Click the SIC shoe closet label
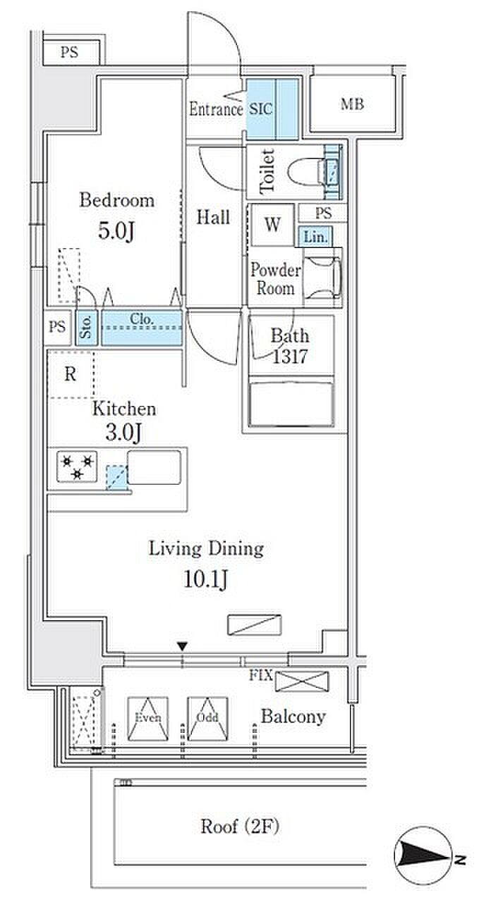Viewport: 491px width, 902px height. [x=260, y=109]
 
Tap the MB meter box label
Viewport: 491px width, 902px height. [x=352, y=104]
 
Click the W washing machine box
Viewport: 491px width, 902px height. [x=272, y=224]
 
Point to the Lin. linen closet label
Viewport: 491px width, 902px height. [x=315, y=237]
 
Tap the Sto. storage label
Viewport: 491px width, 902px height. [x=86, y=327]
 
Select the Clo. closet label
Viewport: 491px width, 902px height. [x=142, y=319]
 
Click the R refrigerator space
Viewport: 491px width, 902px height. [x=71, y=374]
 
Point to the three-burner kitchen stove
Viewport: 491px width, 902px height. [x=77, y=467]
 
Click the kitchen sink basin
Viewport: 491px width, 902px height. [x=154, y=467]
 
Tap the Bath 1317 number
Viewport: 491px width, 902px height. [x=290, y=357]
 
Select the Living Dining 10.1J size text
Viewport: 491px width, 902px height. [x=205, y=579]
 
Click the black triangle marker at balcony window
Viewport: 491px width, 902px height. [x=183, y=646]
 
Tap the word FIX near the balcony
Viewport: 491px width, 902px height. [x=261, y=675]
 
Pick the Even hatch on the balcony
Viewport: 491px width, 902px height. [x=148, y=719]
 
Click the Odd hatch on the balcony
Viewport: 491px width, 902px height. [x=207, y=719]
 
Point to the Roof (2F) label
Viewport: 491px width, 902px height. [x=240, y=827]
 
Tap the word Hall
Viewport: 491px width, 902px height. [x=213, y=217]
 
